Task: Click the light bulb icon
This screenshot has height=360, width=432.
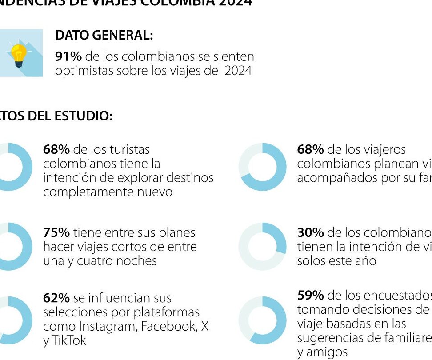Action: (18, 54)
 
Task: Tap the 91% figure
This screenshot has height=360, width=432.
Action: (68, 57)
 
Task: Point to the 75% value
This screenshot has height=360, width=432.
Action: (56, 233)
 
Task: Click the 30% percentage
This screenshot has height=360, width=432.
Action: (310, 233)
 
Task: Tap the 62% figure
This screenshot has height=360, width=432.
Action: (56, 298)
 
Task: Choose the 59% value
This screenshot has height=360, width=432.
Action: (310, 296)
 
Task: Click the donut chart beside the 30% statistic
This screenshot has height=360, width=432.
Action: (262, 247)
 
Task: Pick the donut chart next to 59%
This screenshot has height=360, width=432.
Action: (262, 320)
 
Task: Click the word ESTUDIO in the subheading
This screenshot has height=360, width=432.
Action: (83, 116)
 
